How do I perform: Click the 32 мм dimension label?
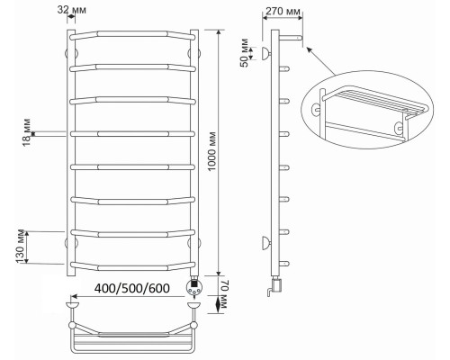tap(78, 10)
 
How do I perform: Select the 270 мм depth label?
tap(276, 13)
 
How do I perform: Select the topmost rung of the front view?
tap(132, 34)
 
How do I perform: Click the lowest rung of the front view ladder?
tap(132, 263)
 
